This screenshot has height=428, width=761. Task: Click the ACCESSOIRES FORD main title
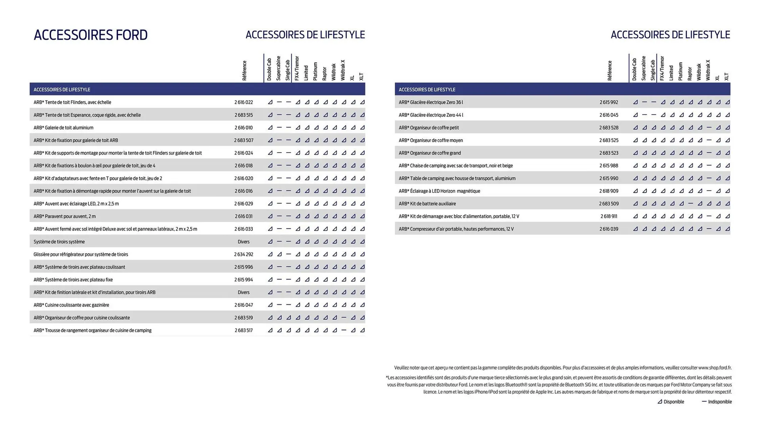90,35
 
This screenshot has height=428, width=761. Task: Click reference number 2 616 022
243,102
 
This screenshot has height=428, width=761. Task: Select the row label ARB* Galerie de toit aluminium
63,128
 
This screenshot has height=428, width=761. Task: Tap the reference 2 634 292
243,254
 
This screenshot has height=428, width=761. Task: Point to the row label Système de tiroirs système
59,242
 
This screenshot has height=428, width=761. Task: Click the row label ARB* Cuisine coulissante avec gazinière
71,305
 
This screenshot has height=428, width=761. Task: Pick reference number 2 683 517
243,331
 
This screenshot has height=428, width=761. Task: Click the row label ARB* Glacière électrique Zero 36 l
431,102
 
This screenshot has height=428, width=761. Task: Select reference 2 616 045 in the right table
608,115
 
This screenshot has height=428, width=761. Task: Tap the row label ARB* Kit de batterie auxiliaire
427,204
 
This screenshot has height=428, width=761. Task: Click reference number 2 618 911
608,216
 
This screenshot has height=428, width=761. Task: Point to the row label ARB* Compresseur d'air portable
456,229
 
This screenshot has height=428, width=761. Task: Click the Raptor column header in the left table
325,74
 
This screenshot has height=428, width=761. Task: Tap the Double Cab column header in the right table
634,69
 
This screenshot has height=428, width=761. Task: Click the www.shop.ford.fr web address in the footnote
715,368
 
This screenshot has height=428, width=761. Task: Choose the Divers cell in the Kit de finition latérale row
243,292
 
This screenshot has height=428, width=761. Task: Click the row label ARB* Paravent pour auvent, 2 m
65,216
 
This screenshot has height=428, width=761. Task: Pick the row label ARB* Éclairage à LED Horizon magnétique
439,191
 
